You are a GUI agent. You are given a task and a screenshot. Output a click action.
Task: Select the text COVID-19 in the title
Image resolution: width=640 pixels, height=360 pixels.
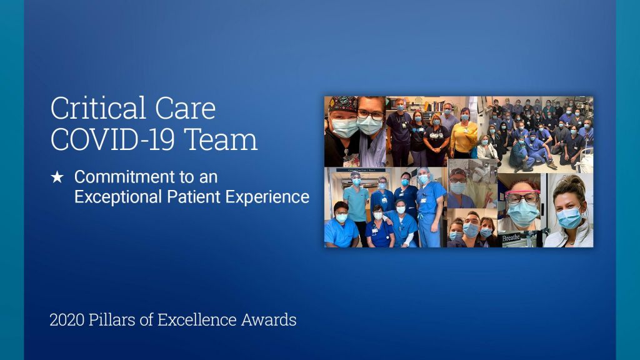pyautogui.click(x=112, y=139)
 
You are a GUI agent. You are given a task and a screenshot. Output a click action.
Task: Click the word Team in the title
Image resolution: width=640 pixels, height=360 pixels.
pyautogui.click(x=221, y=139)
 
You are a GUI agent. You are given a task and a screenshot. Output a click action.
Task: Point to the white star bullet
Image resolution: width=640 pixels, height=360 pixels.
pyautogui.click(x=57, y=177)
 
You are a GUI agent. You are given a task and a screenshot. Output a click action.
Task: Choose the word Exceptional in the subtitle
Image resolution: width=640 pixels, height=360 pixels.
pyautogui.click(x=118, y=197)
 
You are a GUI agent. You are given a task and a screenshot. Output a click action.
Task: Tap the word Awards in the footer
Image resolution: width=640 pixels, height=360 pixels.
pyautogui.click(x=269, y=319)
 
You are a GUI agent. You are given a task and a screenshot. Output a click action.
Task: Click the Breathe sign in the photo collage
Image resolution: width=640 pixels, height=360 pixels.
pyautogui.click(x=511, y=237)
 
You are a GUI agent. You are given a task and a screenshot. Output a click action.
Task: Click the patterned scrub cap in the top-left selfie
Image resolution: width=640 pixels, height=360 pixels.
pyautogui.click(x=343, y=104)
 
